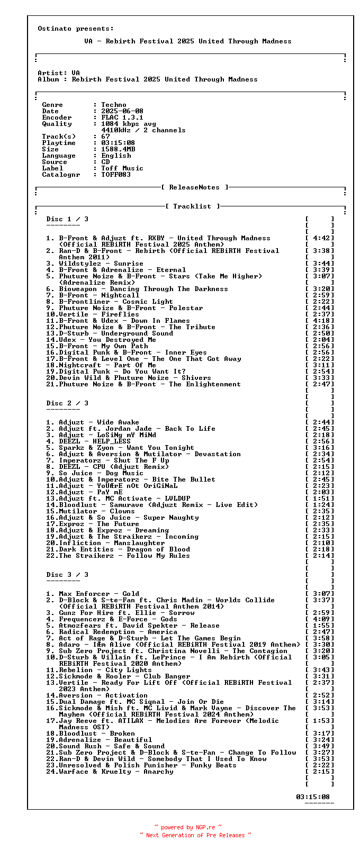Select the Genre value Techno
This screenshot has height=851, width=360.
coord(114,105)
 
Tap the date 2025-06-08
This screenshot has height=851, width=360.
coord(122,111)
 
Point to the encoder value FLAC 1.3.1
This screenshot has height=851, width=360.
coord(122,117)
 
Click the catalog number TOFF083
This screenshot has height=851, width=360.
coord(116,175)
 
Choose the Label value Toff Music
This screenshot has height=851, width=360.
coord(122,168)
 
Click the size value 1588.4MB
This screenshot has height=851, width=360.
coord(118,149)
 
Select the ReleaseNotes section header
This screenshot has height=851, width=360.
coord(194,187)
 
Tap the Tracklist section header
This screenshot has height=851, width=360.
coord(192,206)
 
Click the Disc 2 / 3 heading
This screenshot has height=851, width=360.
coord(67,403)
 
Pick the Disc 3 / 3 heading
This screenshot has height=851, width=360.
coord(67,575)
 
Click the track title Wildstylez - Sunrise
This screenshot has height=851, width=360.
coord(101,264)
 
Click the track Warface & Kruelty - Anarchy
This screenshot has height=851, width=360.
coord(116,772)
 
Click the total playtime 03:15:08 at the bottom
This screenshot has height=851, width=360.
coord(313,797)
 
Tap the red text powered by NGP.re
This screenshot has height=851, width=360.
coord(188,827)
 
